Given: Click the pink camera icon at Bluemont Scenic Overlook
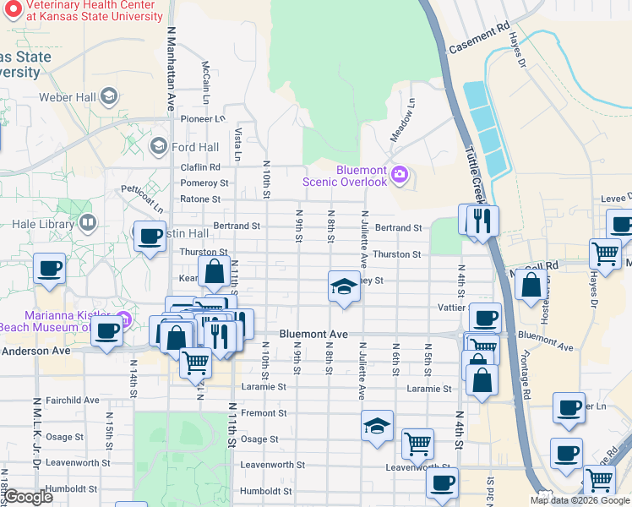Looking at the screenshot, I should point(400,175).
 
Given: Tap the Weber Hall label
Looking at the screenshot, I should point(67,97).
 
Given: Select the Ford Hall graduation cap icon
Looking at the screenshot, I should point(157,147).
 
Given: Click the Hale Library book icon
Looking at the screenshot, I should point(87,224).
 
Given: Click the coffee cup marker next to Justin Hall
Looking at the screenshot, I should point(150,237).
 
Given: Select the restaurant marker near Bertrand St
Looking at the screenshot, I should point(482,221).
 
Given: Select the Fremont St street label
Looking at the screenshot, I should point(264,413).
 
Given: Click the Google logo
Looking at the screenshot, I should point(28,497).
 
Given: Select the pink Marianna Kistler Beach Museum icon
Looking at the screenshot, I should point(124,319).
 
